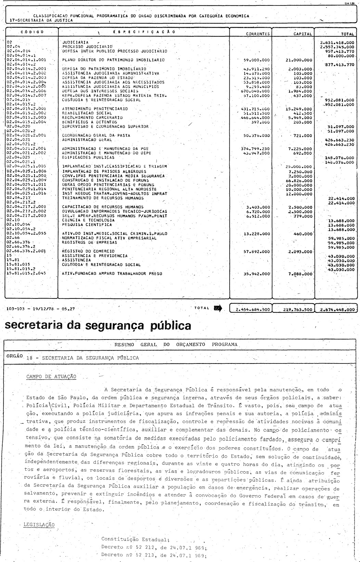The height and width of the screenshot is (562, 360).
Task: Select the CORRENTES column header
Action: coord(258,34)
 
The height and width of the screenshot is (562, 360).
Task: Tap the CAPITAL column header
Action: coord(303,34)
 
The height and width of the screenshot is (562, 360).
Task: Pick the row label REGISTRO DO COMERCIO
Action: coord(88,251)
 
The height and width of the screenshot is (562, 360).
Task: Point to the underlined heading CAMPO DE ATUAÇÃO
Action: coord(51,376)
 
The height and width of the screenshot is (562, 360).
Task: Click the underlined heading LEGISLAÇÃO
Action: coord(39,524)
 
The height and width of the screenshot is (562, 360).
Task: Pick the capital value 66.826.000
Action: coord(299,180)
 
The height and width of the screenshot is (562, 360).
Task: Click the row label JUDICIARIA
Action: coord(76,42)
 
